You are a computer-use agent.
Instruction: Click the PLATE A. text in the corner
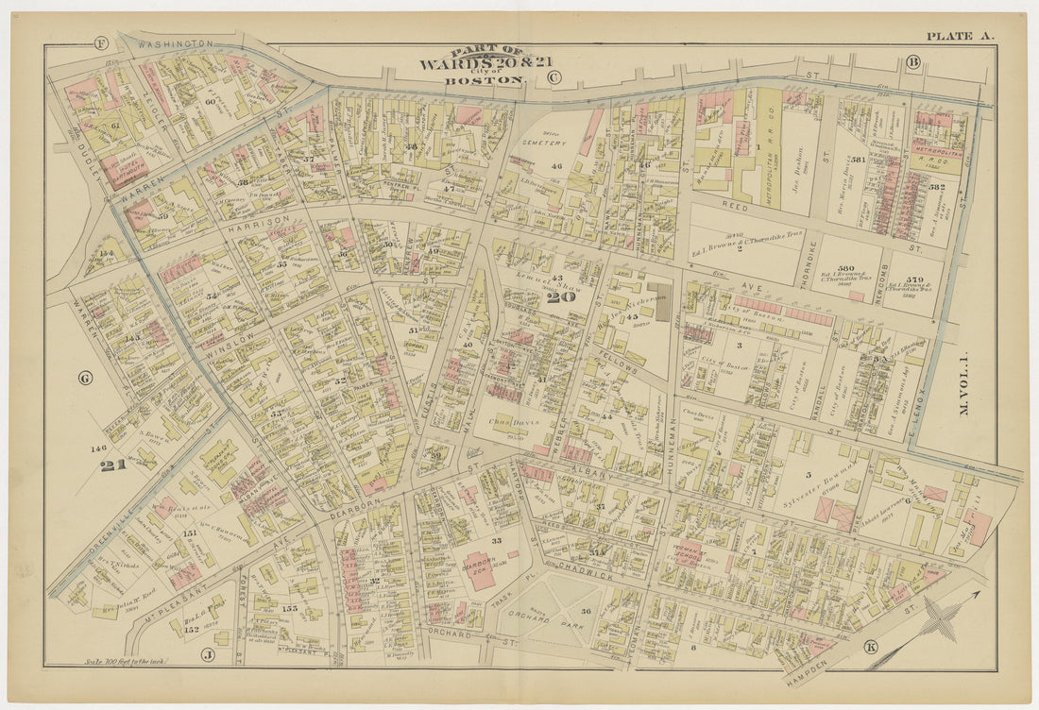pyautogui.click(x=959, y=36)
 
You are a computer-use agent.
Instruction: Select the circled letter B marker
pyautogui.click(x=912, y=63)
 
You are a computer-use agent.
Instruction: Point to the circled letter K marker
pyautogui.click(x=870, y=647)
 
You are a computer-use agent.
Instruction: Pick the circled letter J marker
pyautogui.click(x=207, y=653)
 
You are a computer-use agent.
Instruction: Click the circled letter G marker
pyautogui.click(x=85, y=379)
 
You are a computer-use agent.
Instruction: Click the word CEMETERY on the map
pyautogui.click(x=547, y=143)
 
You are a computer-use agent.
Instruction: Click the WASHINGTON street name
pyautogui.click(x=176, y=43)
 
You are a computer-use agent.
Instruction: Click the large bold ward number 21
pyautogui.click(x=113, y=464)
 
